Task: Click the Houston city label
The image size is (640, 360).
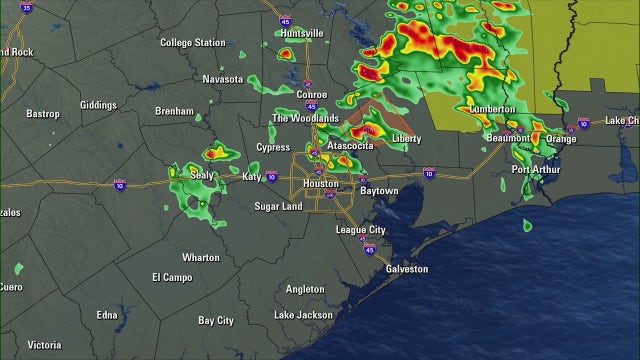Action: [x=320, y=184]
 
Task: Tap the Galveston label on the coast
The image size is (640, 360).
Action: [x=406, y=269]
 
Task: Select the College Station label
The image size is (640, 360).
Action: [x=193, y=43]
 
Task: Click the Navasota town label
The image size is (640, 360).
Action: [x=222, y=79]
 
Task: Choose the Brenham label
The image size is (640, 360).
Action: [x=174, y=111]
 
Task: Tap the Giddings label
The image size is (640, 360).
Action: [x=98, y=104]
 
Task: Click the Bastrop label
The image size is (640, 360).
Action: [x=43, y=114]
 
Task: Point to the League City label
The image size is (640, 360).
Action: [x=360, y=230]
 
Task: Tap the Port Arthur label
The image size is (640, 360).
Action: [x=535, y=169]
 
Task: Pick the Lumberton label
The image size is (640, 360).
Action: [x=491, y=108]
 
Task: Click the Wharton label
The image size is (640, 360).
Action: [x=200, y=257]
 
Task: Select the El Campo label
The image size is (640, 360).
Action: [x=171, y=277]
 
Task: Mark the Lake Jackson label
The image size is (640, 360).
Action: [x=303, y=315]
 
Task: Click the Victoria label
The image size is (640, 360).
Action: [x=44, y=345]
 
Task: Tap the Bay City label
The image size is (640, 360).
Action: [x=215, y=321]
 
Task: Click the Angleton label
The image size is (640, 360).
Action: [x=305, y=289]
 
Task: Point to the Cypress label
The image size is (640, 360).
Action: [x=273, y=147]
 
